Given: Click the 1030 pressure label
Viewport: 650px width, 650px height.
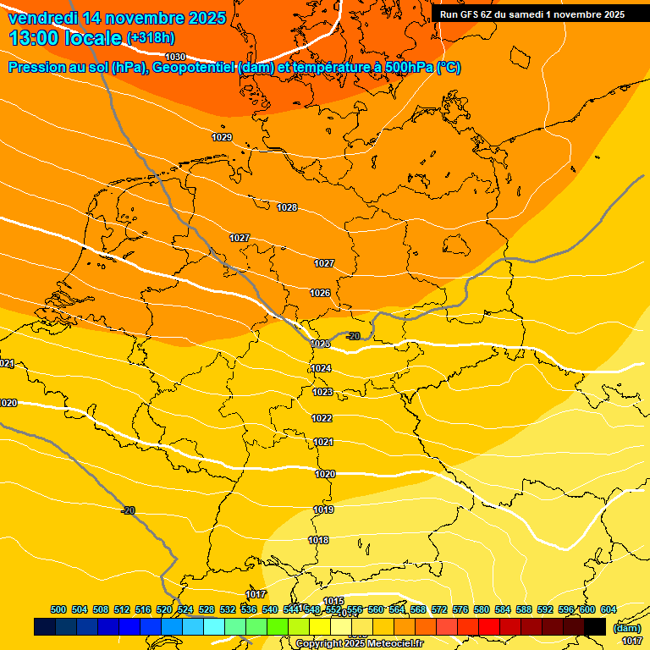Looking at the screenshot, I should (x=175, y=57).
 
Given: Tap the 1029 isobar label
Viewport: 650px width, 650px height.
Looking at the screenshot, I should (x=222, y=137).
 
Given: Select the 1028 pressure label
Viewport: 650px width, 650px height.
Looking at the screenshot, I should (x=287, y=208).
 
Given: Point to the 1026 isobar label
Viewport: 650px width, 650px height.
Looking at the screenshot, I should (x=320, y=293).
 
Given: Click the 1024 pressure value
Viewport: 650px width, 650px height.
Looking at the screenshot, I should (x=322, y=368).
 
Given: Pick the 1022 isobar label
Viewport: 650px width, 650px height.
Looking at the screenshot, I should (x=322, y=418).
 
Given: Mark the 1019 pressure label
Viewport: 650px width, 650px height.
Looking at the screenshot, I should (x=323, y=510).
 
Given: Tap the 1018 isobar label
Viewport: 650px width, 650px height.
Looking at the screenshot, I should (x=318, y=540).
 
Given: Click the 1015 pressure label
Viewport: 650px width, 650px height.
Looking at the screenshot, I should (x=333, y=601).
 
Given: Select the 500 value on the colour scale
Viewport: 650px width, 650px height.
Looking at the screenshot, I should (x=58, y=609).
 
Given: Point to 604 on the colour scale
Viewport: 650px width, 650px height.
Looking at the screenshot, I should (x=609, y=609).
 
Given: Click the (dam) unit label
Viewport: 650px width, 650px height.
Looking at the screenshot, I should (x=627, y=628).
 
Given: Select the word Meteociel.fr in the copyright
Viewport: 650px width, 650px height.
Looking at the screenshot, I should (x=394, y=644).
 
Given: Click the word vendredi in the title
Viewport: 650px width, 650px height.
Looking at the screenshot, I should (x=42, y=18).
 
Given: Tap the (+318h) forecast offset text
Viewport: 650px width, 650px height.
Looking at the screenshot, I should (x=151, y=38).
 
